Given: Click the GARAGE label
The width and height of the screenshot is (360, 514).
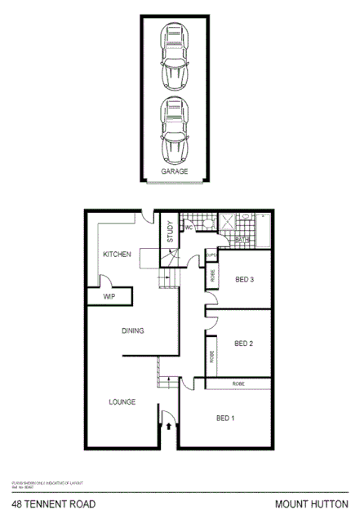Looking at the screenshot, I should click(x=174, y=172).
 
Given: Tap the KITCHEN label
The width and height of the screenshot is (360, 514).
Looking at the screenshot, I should click(x=117, y=255).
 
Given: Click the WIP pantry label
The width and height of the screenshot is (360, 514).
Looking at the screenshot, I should click(x=109, y=298).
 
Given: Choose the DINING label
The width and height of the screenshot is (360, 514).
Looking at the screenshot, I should click(x=132, y=330).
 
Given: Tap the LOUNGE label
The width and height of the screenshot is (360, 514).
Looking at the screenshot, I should click(x=121, y=402).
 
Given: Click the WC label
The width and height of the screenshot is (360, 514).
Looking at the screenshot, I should click(x=188, y=228).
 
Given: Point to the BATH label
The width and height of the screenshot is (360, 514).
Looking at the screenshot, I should click(x=242, y=239).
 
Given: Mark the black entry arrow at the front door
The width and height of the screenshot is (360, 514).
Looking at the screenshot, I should click(x=169, y=424).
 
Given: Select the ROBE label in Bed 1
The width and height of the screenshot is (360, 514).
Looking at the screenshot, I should click(x=238, y=383).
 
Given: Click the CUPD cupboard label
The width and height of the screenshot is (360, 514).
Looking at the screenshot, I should click(x=210, y=255).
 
